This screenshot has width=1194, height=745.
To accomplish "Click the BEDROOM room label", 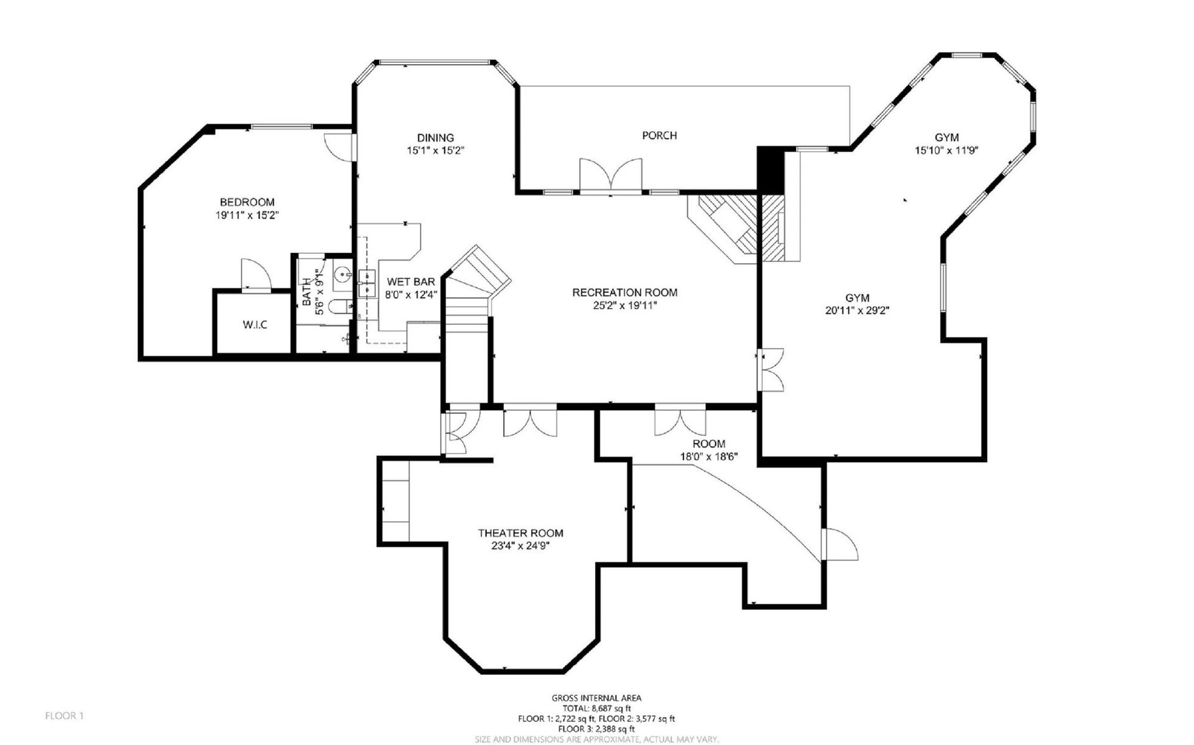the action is [x=247, y=202].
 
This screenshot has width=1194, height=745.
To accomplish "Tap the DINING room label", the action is [x=435, y=137].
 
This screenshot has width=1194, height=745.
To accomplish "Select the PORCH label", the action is [x=659, y=136].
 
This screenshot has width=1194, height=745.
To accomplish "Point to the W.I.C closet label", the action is [x=255, y=325].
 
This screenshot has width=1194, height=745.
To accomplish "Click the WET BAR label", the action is [x=410, y=282].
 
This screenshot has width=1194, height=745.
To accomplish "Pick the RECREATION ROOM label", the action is [x=625, y=292].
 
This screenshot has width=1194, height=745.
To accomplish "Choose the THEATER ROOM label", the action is [x=521, y=533].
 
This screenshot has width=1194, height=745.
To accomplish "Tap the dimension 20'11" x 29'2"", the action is [x=857, y=311].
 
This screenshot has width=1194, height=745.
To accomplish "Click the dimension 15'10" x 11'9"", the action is [x=946, y=150].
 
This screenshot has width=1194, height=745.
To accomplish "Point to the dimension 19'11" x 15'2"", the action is [x=247, y=215].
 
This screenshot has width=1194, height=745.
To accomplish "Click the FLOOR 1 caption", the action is [x=64, y=716].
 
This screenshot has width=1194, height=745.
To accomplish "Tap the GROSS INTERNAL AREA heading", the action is [x=596, y=698].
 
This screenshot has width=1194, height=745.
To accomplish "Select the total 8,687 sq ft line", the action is [x=596, y=708].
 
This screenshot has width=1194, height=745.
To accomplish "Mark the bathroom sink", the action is [x=342, y=274].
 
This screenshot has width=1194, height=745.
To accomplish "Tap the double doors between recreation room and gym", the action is [x=771, y=369].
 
